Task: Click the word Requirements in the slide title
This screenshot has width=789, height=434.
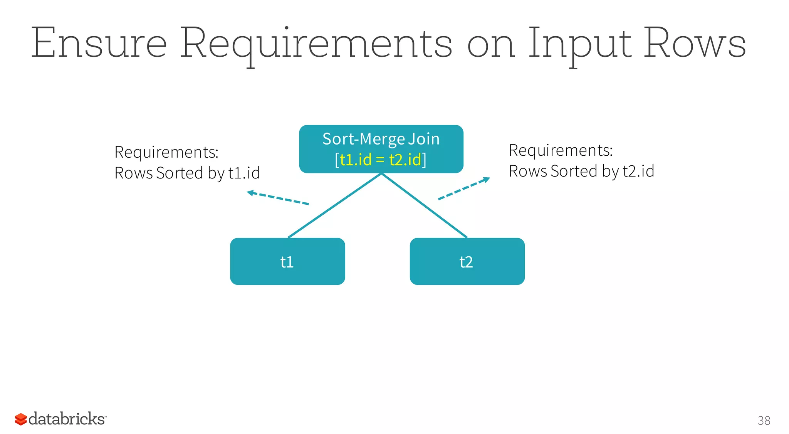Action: [x=316, y=43]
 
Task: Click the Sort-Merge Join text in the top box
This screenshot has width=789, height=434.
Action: [x=381, y=139]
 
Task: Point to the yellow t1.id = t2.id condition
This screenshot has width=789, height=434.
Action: [x=381, y=160]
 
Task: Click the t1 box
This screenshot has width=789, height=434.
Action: [x=287, y=261]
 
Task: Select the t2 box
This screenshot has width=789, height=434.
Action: [x=467, y=261]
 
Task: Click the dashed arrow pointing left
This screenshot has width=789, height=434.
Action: [x=277, y=198]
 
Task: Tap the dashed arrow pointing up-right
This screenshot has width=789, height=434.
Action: [x=464, y=188]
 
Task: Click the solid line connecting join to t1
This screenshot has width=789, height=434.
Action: [x=334, y=205]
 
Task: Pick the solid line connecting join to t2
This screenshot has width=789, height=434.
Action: [x=424, y=205]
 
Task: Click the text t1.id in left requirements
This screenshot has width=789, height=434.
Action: [x=244, y=173]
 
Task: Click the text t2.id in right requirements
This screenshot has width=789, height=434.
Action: [x=638, y=171]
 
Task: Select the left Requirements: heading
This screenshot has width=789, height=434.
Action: [x=166, y=152]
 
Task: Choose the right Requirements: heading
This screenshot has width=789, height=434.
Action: [x=561, y=150]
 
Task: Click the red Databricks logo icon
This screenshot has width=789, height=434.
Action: [x=21, y=419]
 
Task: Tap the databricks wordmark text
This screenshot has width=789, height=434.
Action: [x=67, y=419]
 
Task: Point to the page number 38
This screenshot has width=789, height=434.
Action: [x=764, y=420]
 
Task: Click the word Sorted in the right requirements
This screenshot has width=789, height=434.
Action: [x=568, y=171]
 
